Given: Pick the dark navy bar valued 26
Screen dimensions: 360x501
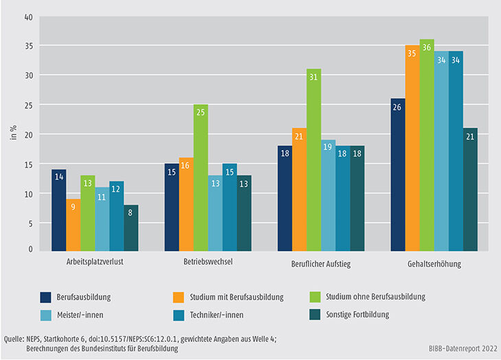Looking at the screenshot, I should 398,174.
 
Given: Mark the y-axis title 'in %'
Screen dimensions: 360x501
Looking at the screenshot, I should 12,133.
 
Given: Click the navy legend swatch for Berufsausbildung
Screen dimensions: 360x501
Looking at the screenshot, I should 47,297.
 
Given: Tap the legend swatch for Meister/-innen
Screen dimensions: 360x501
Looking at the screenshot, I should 47,314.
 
